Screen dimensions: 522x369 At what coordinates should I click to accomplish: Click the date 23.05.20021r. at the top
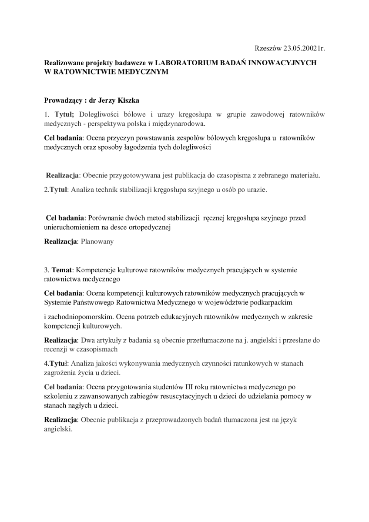[x=304, y=48]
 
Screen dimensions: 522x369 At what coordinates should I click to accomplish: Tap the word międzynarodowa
[x=175, y=124]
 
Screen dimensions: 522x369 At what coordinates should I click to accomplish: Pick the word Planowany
[x=97, y=241]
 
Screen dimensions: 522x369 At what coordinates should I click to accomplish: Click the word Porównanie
[x=107, y=217]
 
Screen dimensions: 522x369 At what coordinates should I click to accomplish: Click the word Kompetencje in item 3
[x=94, y=270]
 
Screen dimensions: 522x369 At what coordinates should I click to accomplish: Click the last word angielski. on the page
[x=58, y=428]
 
